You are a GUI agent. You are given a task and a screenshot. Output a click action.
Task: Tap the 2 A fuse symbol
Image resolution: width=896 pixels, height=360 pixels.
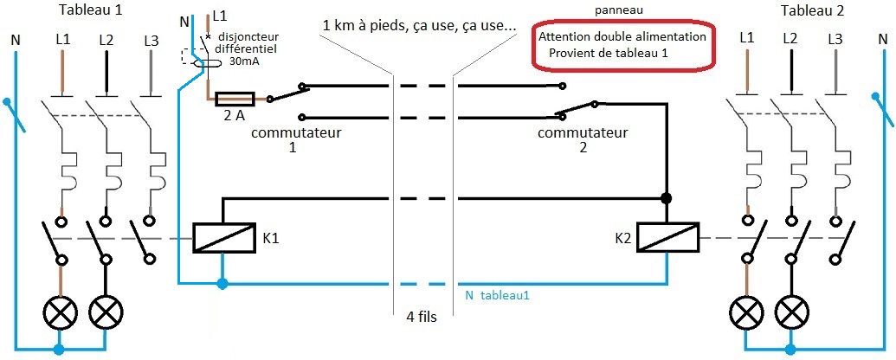click(x=233, y=99)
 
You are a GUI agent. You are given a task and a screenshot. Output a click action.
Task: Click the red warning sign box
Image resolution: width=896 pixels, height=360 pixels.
click(x=622, y=46)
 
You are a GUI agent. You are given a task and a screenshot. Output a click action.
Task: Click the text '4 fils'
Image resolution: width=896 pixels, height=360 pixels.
click(x=422, y=317)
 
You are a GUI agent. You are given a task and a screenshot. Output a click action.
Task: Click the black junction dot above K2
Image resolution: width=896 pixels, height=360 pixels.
click(x=667, y=198)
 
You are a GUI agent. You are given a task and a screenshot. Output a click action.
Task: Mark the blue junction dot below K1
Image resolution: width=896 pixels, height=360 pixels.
click(x=222, y=283)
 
